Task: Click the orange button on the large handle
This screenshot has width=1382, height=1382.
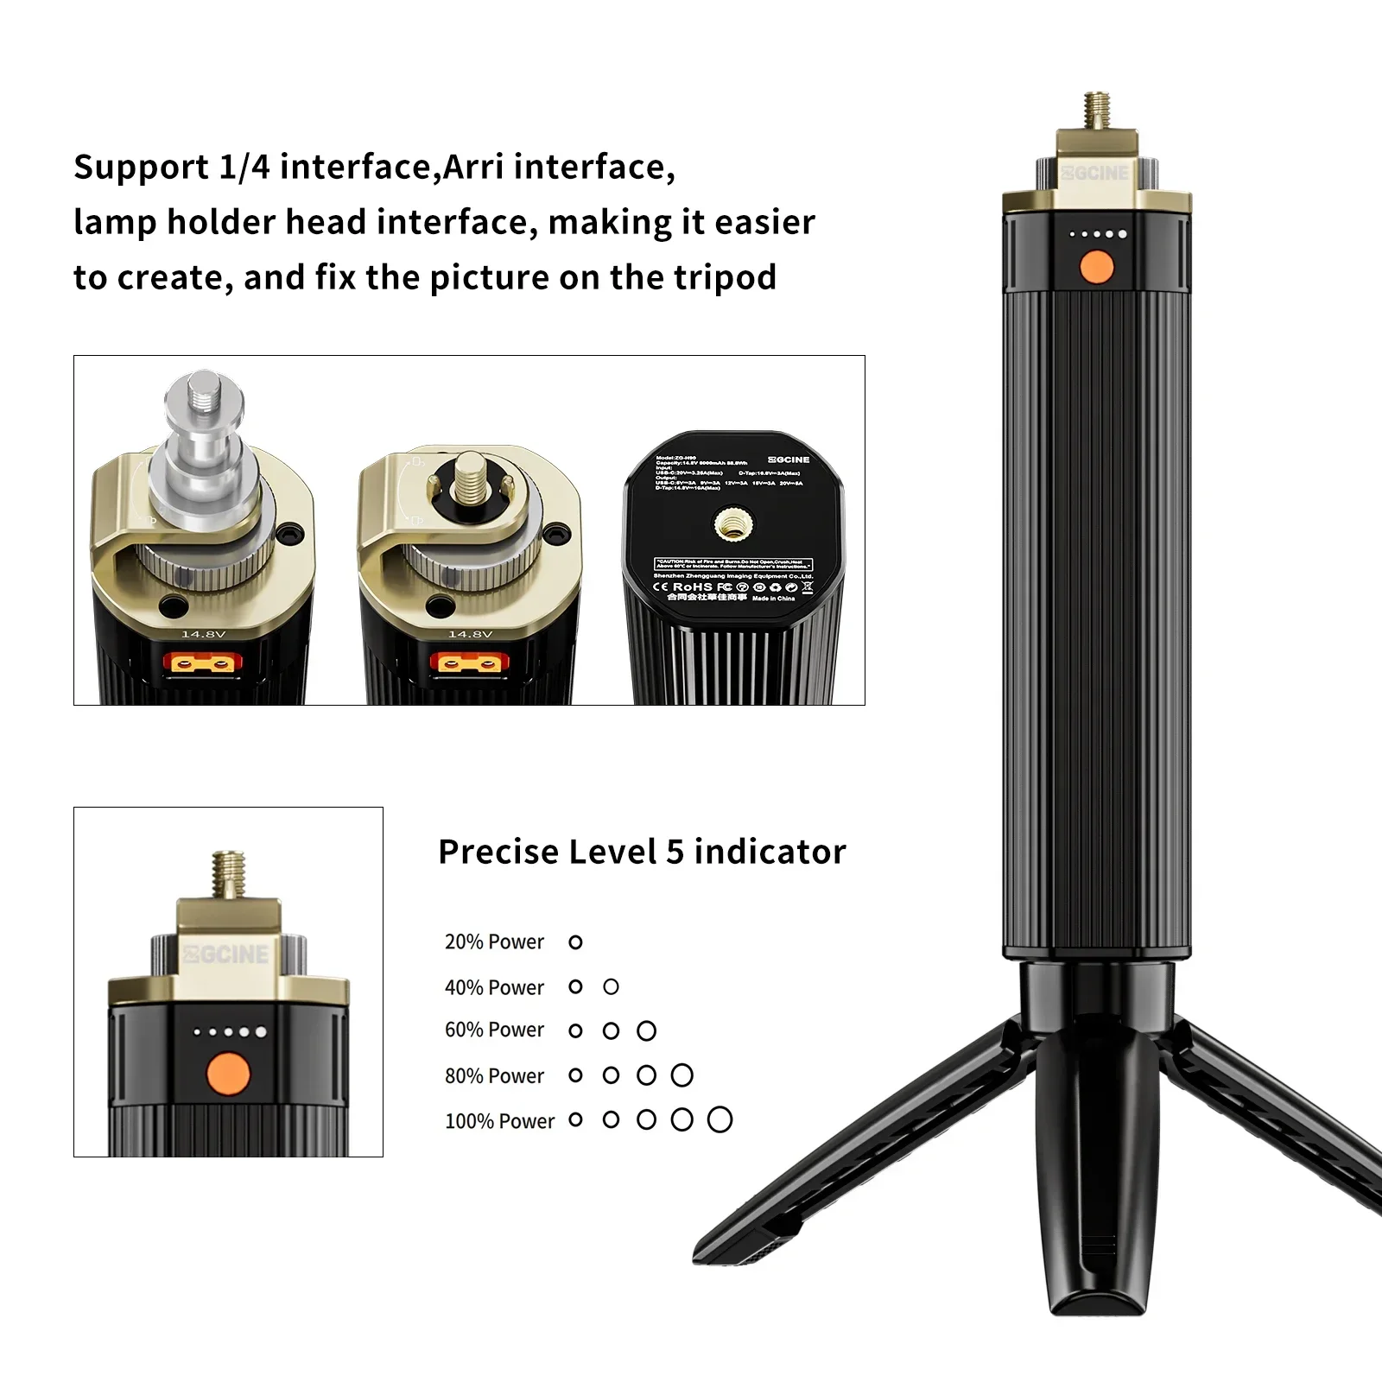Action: tap(1097, 267)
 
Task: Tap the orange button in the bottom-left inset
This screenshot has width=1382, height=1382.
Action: tap(229, 1074)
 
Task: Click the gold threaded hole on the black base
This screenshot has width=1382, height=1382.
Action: tap(733, 522)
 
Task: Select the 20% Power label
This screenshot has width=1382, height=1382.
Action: tap(494, 941)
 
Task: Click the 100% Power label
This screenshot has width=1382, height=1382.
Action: tap(499, 1120)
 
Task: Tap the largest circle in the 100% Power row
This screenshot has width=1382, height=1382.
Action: tap(720, 1119)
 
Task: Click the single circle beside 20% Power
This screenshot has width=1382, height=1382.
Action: tap(576, 941)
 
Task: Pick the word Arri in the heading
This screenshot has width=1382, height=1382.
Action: tap(473, 167)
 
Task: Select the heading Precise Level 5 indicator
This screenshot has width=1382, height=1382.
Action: tap(642, 852)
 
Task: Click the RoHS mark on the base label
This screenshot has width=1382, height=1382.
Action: tap(692, 586)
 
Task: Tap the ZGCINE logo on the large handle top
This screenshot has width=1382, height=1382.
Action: tap(1095, 173)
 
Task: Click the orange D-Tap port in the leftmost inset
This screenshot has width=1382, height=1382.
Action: tap(203, 663)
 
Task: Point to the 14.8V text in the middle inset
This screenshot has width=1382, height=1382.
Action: tap(470, 634)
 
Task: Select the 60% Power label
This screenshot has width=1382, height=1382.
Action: tap(494, 1030)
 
